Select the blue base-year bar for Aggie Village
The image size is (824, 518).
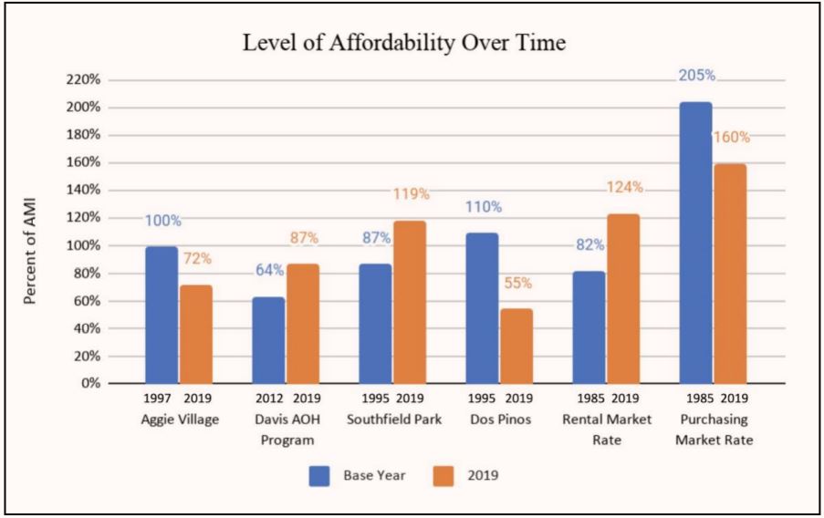pyautogui.click(x=162, y=315)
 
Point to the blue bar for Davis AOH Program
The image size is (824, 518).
pyautogui.click(x=269, y=340)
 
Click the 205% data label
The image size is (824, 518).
pyautogui.click(x=696, y=76)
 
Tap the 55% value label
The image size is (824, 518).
pyautogui.click(x=517, y=283)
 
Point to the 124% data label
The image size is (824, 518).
pyautogui.click(x=625, y=188)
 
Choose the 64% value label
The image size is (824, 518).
pyautogui.click(x=270, y=271)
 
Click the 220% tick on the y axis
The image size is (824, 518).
pyautogui.click(x=82, y=80)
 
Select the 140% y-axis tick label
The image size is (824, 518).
pyautogui.click(x=82, y=191)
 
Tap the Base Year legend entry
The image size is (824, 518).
pyautogui.click(x=374, y=476)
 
